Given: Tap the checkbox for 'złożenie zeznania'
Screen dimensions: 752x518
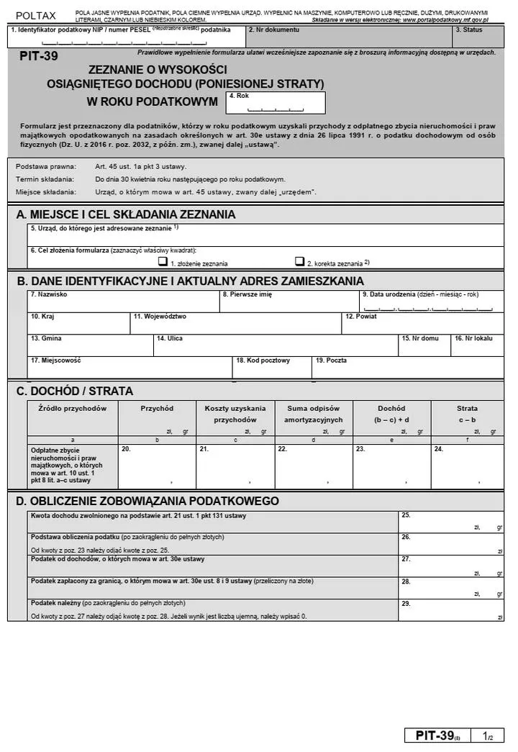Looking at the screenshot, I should click(x=163, y=262).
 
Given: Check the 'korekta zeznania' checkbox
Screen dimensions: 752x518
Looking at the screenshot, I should click(x=299, y=262).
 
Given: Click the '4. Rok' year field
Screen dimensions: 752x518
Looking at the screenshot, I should click(x=276, y=104).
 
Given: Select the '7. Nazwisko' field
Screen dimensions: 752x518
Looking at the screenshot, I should click(x=123, y=302).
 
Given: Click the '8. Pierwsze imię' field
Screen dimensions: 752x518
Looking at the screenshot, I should click(x=289, y=302).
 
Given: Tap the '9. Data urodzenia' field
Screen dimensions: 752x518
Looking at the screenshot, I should click(x=431, y=302).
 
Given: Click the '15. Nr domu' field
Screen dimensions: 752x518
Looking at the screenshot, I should click(x=424, y=345).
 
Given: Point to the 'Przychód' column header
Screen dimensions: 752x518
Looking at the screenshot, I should click(x=157, y=408).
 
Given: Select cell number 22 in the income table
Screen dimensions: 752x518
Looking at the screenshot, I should click(x=313, y=466).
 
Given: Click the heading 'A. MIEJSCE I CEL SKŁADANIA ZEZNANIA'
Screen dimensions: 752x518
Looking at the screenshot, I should click(x=126, y=214).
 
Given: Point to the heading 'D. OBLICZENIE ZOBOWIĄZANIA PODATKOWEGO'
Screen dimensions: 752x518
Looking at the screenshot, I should click(x=147, y=501).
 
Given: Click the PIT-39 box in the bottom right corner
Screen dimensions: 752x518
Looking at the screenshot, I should click(x=454, y=735).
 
